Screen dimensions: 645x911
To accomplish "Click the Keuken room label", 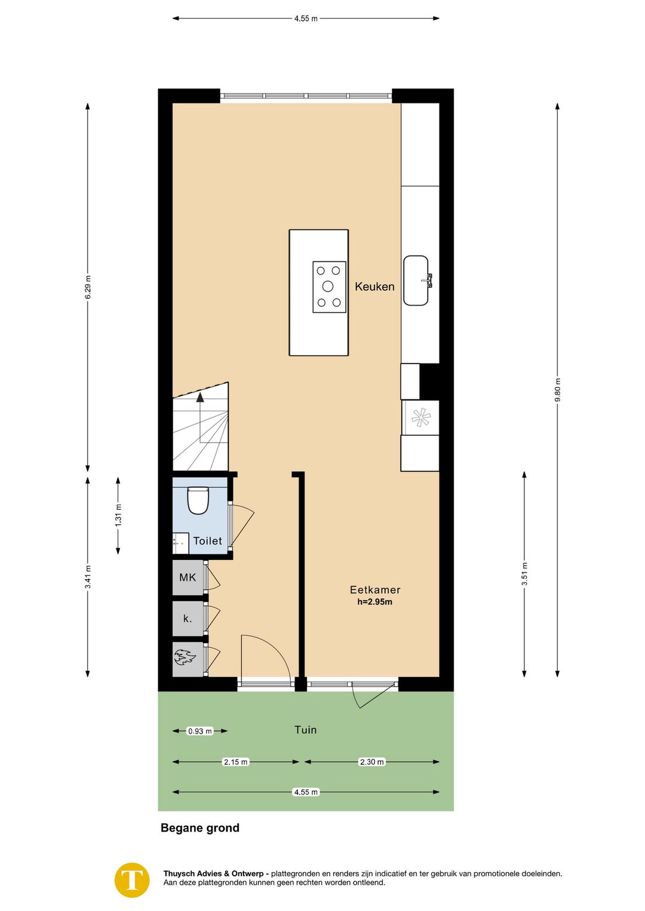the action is pos(374,287).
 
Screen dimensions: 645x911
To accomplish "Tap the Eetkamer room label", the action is pos(375,590).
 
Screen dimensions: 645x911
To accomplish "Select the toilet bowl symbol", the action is pos(198,500).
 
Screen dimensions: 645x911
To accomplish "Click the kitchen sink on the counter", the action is pos(416,280).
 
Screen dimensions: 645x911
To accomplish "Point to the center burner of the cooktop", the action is pos(328,287).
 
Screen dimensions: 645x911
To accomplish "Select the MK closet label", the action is pos(188,577).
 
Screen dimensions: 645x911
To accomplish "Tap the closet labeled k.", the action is pos(188,618).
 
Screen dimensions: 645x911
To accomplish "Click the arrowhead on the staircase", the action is pos(200,398).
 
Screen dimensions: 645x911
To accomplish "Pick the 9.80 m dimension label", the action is pos(558,390).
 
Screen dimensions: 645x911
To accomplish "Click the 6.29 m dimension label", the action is pos(88,287).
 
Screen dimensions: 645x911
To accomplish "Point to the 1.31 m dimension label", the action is pos(118,515).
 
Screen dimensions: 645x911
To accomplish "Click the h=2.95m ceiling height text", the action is pos(375,602).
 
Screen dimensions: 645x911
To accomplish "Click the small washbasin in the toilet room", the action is pos(180,543).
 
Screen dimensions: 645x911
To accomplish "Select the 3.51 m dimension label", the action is pos(524,574).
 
